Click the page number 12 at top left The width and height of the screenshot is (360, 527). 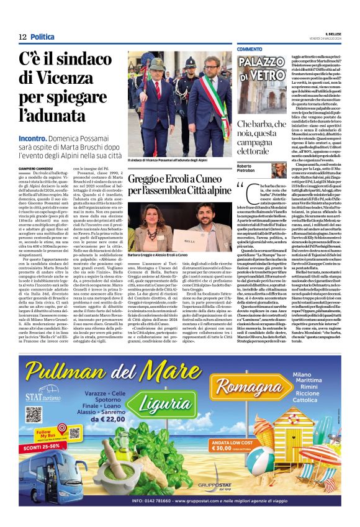(22, 37)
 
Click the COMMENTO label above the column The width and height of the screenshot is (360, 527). (249, 49)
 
